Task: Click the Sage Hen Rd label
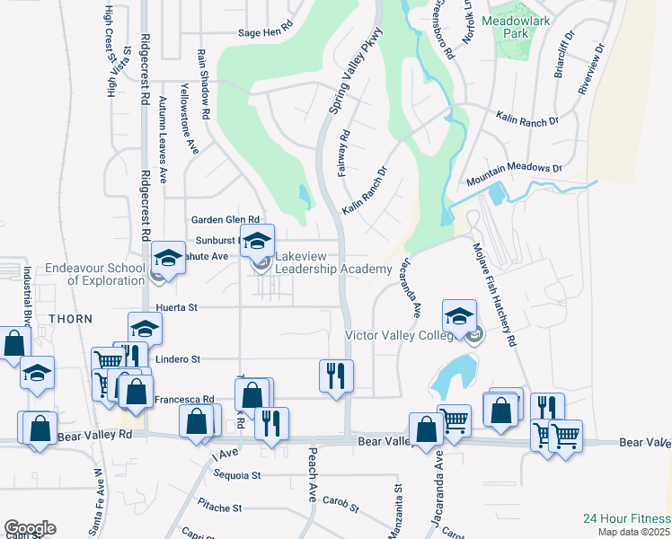tap(265, 32)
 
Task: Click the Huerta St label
tap(176, 306)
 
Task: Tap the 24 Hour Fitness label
tap(625, 518)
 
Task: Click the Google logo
tap(29, 528)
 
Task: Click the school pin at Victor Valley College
tap(459, 316)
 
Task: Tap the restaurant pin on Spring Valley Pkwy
tap(336, 376)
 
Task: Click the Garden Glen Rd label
tap(225, 219)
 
